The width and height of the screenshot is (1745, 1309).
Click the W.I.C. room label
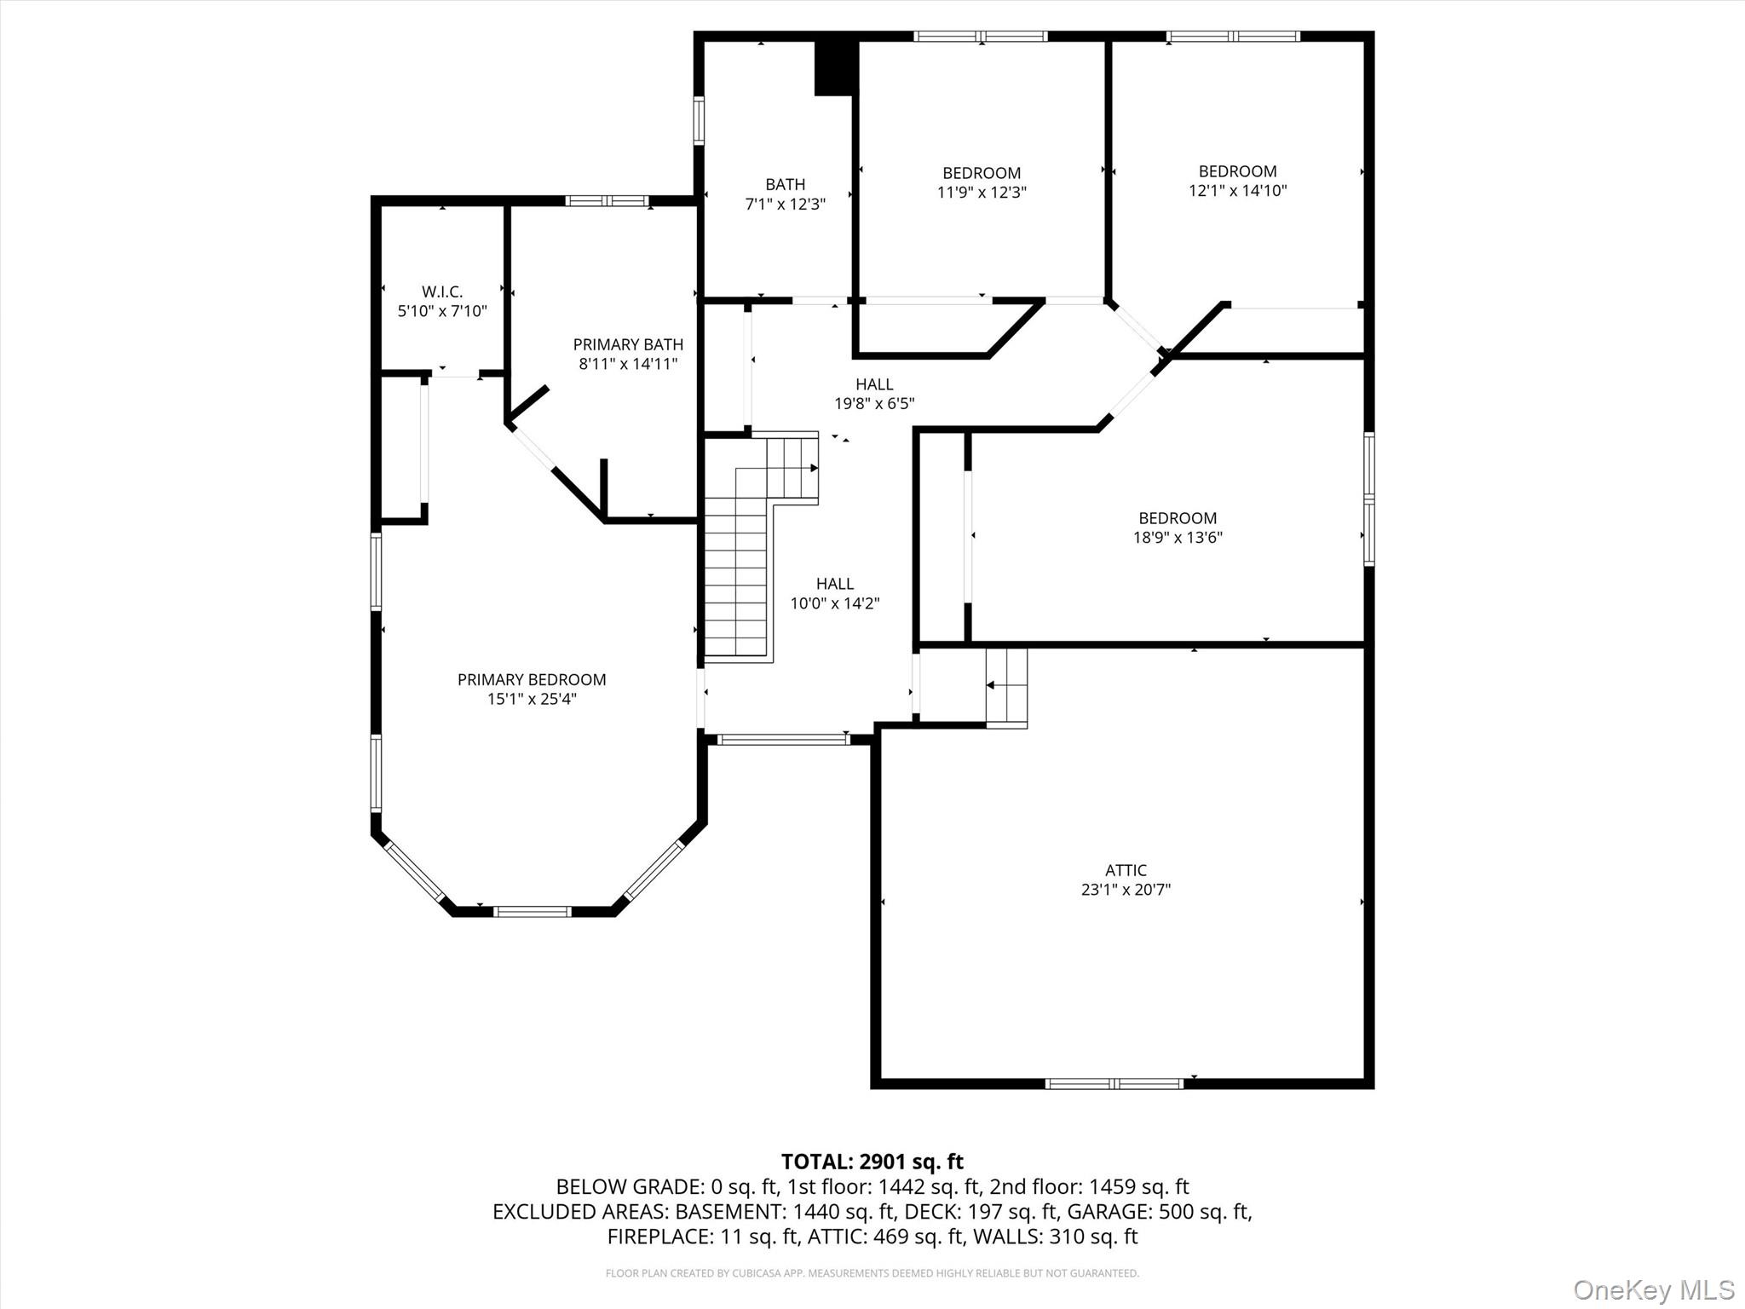point(442,291)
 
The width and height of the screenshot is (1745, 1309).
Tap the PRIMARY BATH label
point(628,344)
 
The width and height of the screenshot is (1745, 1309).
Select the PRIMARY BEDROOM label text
point(532,679)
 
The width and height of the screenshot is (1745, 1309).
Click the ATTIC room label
point(1126,870)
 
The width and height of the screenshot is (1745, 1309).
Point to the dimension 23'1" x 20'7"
point(1126,890)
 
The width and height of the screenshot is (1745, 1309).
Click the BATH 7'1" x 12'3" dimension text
point(785,205)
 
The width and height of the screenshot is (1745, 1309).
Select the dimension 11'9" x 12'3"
point(982,193)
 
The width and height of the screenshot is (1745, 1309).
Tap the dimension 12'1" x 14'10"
point(1237,191)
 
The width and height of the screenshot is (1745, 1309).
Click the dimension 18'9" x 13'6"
point(1178,538)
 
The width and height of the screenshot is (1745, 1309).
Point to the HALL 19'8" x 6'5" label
point(874,394)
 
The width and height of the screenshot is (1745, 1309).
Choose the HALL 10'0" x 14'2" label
point(835,593)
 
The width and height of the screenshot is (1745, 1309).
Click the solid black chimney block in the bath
point(834,67)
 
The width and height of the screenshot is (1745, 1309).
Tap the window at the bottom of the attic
point(1114,1084)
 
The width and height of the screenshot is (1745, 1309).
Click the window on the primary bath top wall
point(608,201)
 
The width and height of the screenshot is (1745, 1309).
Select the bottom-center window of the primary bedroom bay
point(533,911)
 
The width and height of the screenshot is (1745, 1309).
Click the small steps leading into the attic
point(1006,688)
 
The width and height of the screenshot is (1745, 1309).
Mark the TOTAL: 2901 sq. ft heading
point(872,1162)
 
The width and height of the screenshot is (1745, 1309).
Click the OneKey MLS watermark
point(1654,1290)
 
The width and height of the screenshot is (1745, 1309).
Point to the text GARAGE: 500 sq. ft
point(1159,1211)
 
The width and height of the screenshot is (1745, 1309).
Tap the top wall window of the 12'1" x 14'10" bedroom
point(1233,36)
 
